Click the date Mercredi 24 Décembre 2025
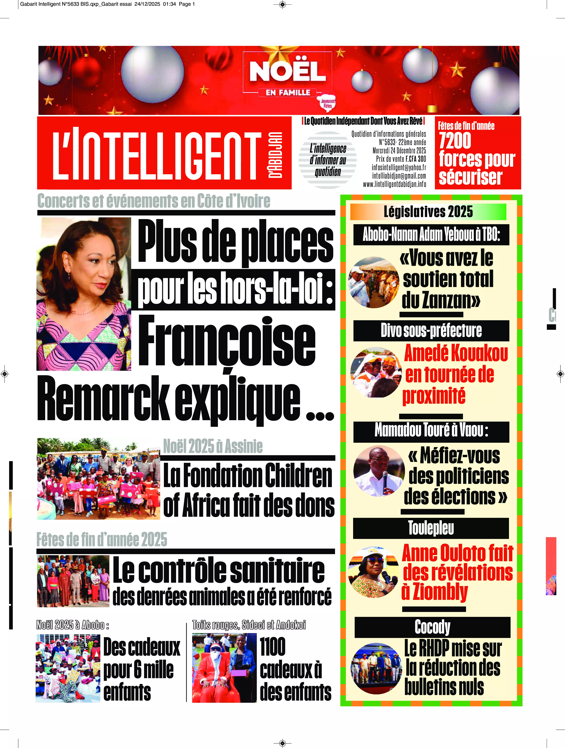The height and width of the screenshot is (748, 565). tap(399, 150)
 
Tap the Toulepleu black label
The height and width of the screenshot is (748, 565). tap(431, 528)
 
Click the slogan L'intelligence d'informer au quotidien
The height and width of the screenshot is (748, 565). tap(328, 160)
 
